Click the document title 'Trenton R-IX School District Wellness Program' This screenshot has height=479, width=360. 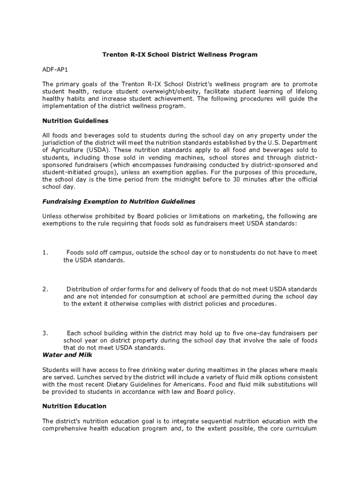(x=180, y=55)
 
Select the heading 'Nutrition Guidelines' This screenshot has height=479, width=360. (x=75, y=121)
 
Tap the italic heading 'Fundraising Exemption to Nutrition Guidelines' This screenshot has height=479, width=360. (x=119, y=202)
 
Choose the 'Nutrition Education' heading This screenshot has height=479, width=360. (x=74, y=406)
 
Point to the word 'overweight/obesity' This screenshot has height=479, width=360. (x=170, y=91)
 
